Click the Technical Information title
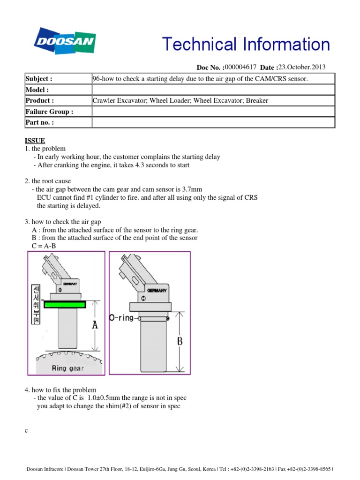246,45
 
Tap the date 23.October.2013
302,67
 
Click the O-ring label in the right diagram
123,318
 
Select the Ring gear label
68,368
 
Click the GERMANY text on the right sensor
157,291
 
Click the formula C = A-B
44,246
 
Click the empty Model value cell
213,90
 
